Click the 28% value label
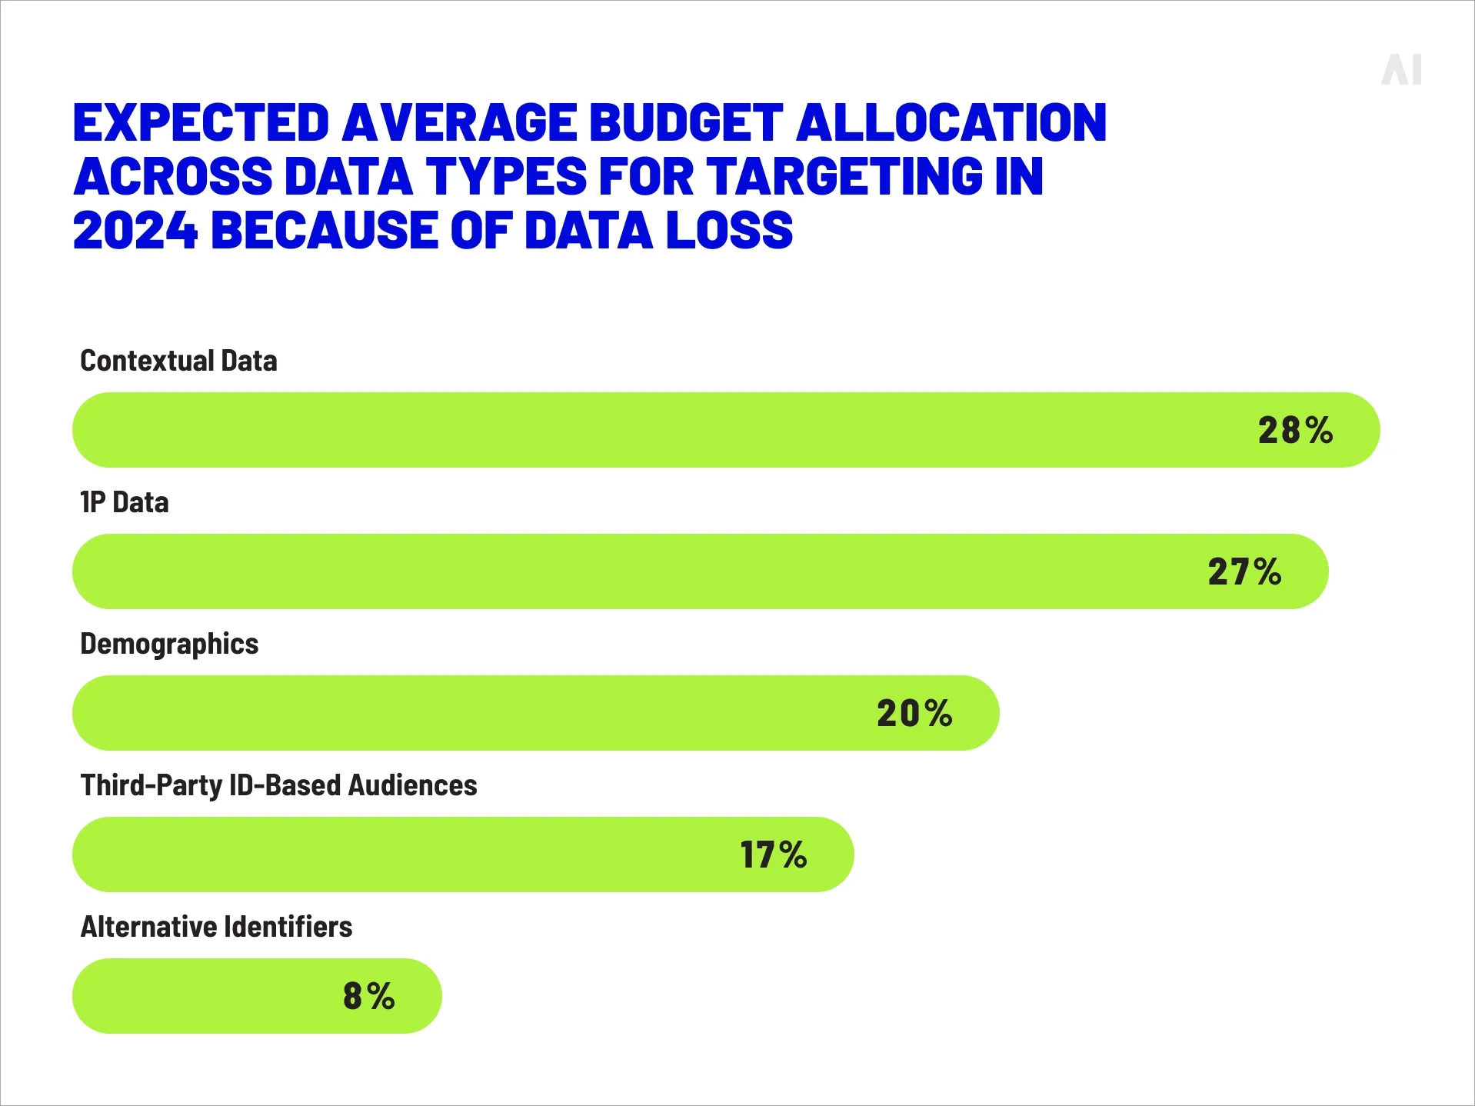click(1295, 430)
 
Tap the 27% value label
click(1244, 571)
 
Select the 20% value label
click(914, 713)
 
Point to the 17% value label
click(773, 854)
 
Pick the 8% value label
click(368, 996)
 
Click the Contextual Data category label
click(178, 361)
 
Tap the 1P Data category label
click(125, 502)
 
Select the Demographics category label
click(169, 644)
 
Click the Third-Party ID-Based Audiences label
click(278, 785)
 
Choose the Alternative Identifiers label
click(216, 927)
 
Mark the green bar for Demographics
click(461, 713)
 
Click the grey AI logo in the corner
click(1401, 70)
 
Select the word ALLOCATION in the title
click(951, 123)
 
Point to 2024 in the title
click(135, 231)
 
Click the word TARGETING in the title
click(844, 177)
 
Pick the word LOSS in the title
click(729, 231)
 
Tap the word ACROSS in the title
click(173, 177)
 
